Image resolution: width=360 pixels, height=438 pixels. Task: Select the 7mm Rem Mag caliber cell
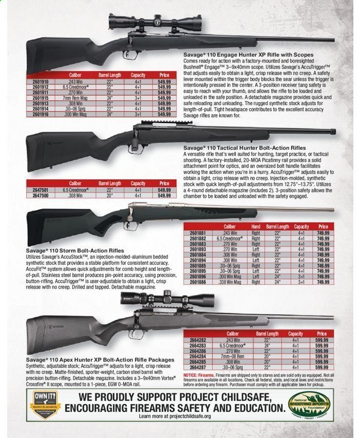tap(75, 97)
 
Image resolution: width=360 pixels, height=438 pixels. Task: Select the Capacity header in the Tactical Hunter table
tap(138, 183)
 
